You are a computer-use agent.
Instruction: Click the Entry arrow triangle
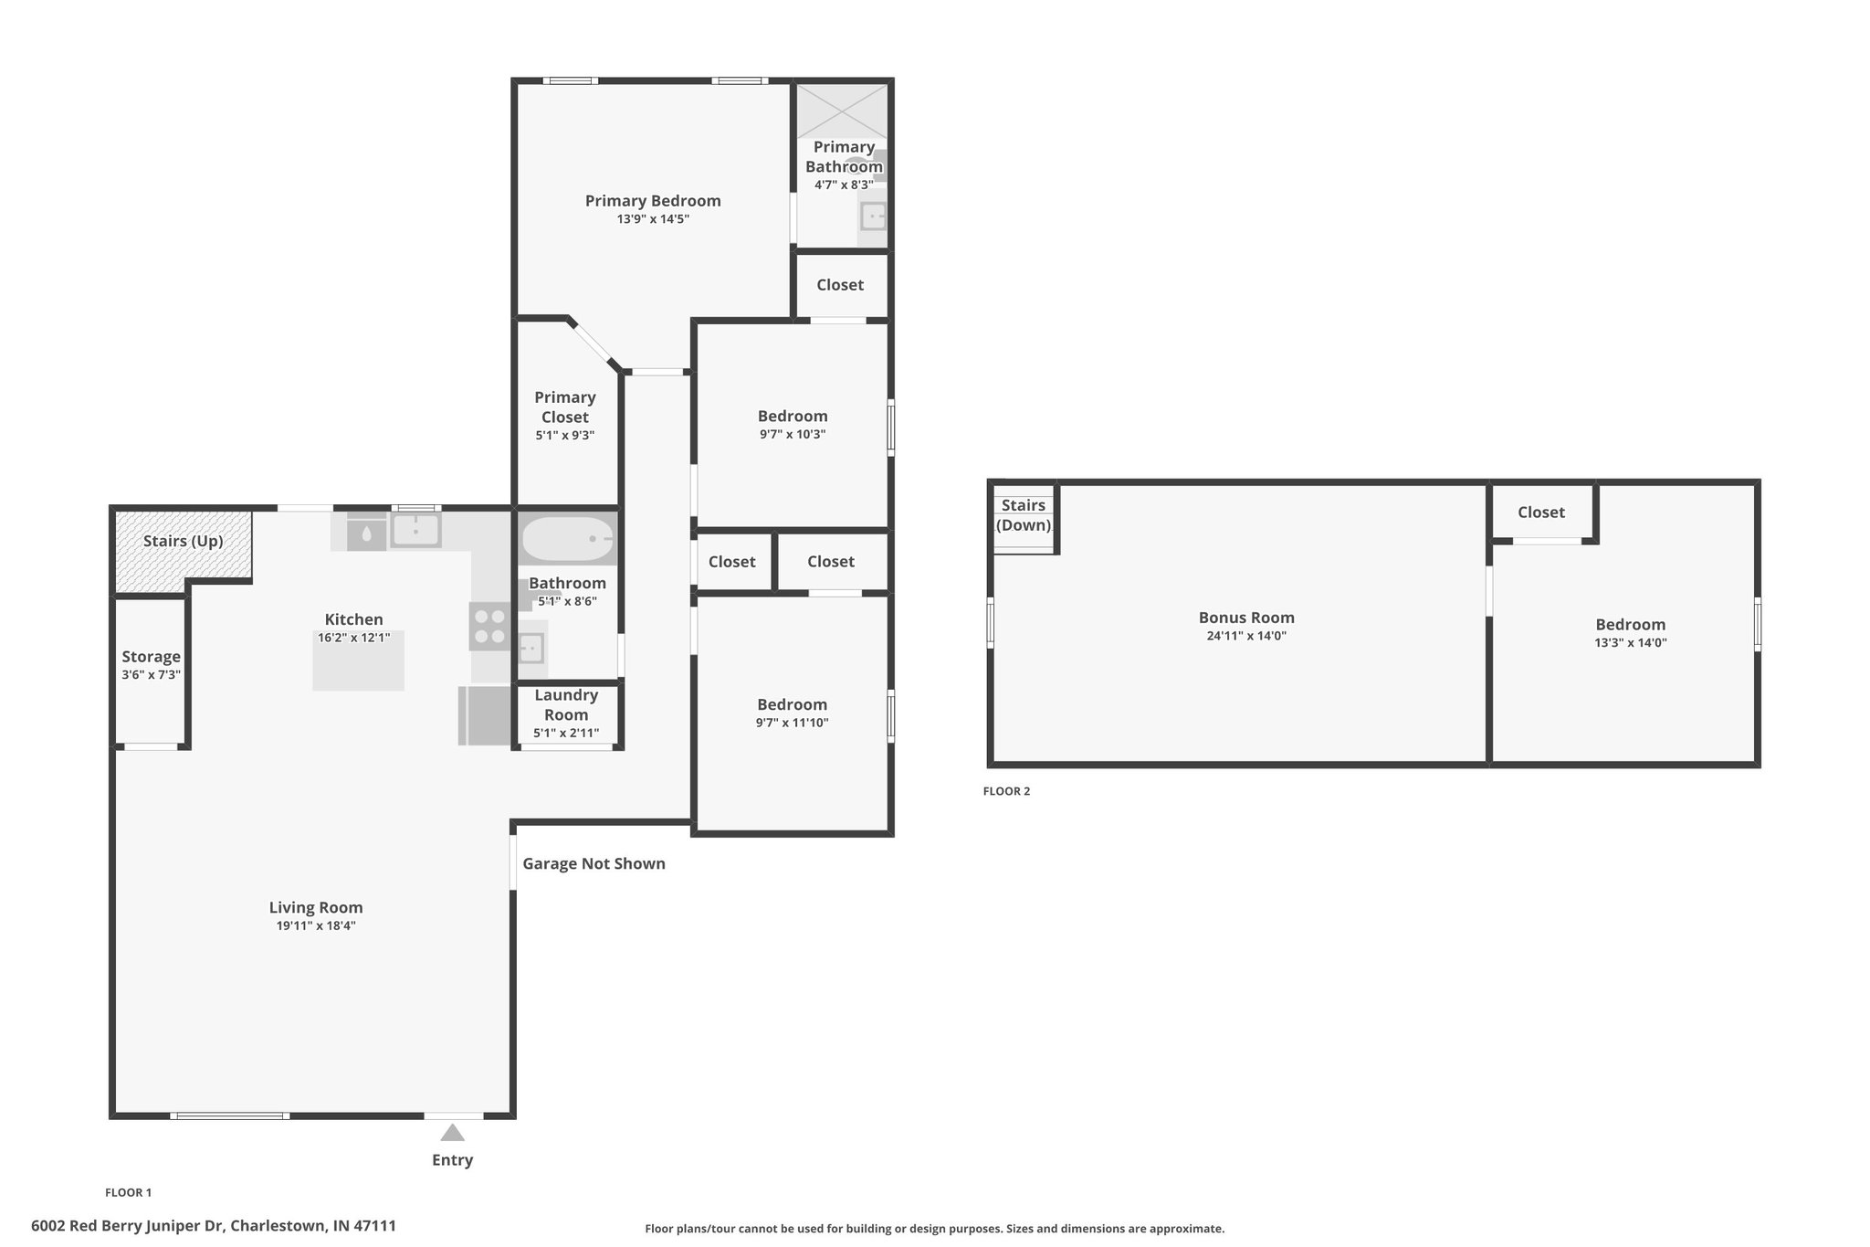pos(452,1133)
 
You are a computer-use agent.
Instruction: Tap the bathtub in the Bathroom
pos(567,540)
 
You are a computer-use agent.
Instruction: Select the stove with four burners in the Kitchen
pos(490,626)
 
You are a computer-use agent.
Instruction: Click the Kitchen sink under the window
pos(416,529)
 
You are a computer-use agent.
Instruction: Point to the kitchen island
pos(358,660)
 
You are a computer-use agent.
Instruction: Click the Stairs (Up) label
pos(183,541)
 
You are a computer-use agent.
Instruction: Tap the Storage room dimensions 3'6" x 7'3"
pos(152,675)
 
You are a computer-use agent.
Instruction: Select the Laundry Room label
pos(566,705)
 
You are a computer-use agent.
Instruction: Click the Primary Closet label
pos(565,407)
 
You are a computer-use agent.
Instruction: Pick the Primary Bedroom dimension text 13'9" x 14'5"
pos(653,219)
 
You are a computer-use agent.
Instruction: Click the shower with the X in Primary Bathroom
pos(843,111)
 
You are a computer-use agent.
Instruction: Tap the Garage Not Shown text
pos(594,863)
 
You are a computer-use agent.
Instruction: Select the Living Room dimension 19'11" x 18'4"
pos(316,925)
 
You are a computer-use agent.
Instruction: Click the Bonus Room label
pos(1246,618)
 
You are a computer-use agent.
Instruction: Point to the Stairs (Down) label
pos(1024,515)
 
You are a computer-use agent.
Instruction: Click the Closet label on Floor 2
pos(1541,513)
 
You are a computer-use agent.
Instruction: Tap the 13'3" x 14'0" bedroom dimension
pos(1631,642)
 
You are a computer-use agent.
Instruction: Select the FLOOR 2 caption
pos(1006,791)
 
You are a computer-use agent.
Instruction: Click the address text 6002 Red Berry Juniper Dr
pos(128,1226)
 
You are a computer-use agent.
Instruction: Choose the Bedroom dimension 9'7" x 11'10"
pos(793,723)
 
